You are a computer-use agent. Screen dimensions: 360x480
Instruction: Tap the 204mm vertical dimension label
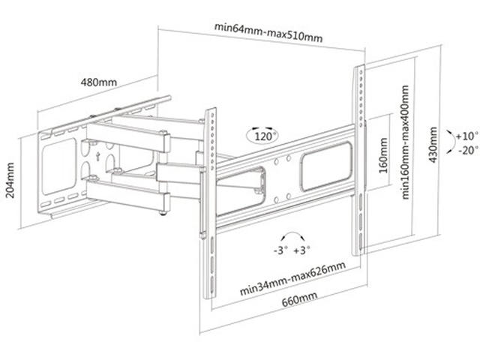coord(10,179)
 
